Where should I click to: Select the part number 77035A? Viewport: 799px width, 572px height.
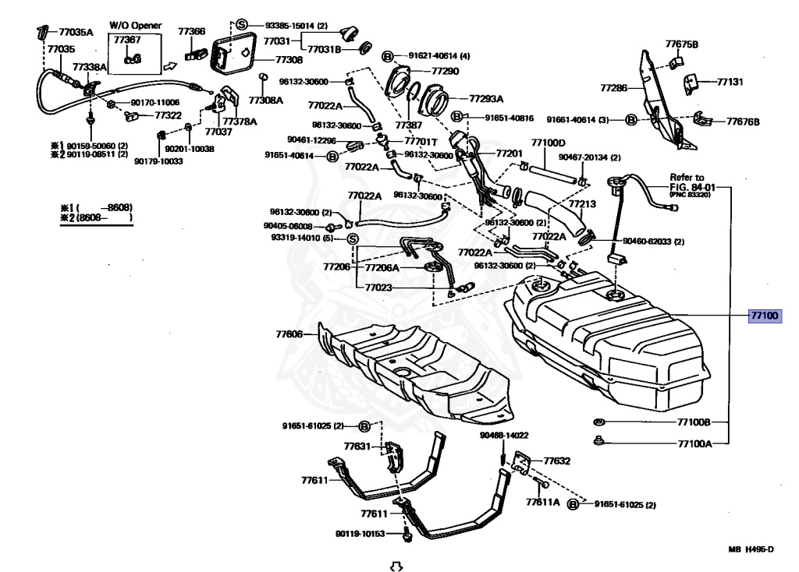(76, 33)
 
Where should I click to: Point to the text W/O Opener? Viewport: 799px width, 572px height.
(135, 26)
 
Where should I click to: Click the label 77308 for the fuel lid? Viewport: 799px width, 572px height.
(289, 59)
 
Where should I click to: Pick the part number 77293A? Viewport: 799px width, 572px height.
(486, 99)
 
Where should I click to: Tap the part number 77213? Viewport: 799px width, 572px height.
(582, 204)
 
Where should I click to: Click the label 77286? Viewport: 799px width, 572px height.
(613, 88)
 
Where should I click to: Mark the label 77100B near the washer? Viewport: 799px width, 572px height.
(693, 422)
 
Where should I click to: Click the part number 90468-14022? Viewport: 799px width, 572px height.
(504, 436)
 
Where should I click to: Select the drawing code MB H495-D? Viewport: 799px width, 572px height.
(751, 549)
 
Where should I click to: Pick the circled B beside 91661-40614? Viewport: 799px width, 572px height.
(631, 120)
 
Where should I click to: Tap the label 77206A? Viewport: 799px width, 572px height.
(382, 267)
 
